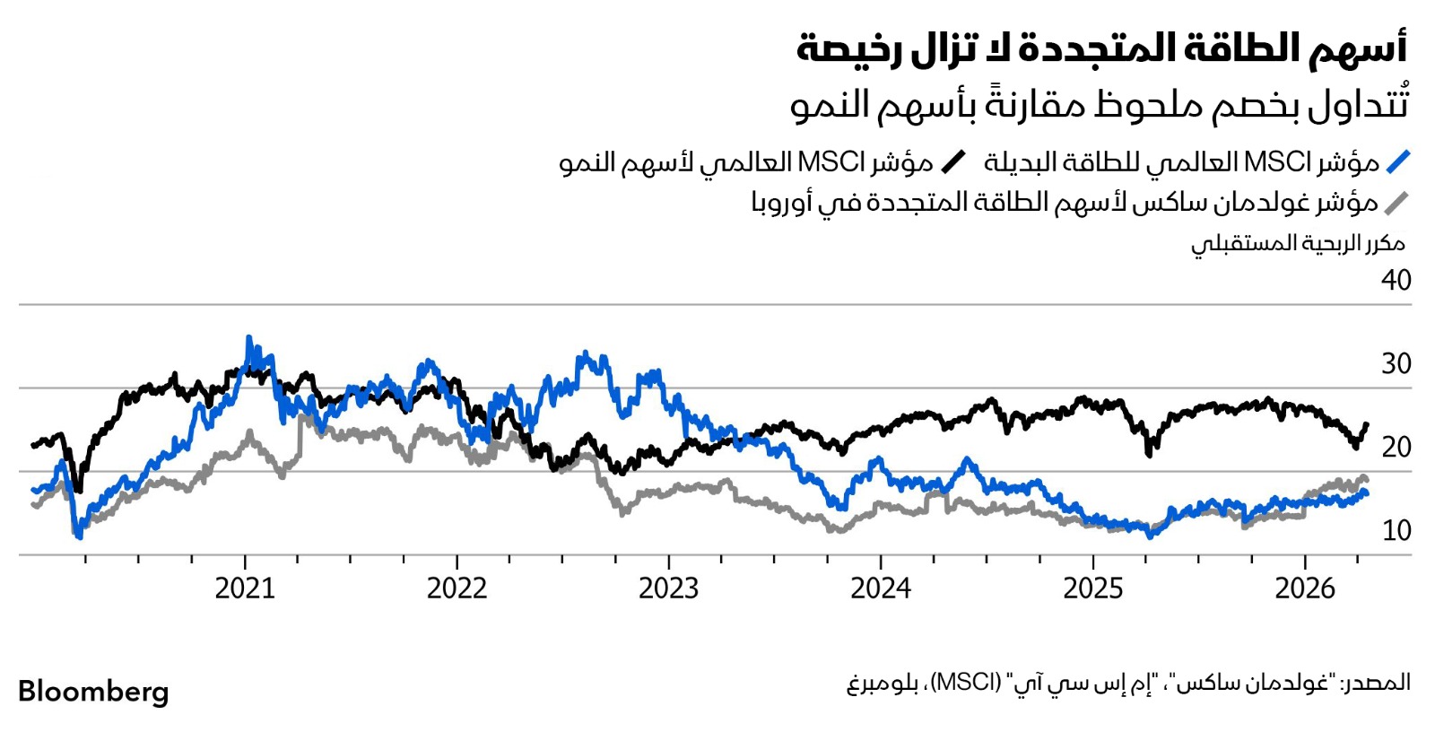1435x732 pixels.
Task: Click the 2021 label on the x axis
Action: pyautogui.click(x=245, y=588)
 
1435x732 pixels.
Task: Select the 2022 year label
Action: pyautogui.click(x=457, y=588)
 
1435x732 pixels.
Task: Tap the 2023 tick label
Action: pyautogui.click(x=668, y=588)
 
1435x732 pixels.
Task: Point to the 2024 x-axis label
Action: pyautogui.click(x=881, y=588)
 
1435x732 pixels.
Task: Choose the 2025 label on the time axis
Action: pyautogui.click(x=1092, y=588)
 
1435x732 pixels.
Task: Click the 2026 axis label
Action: pyautogui.click(x=1305, y=588)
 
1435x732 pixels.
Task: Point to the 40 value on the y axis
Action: pyautogui.click(x=1396, y=281)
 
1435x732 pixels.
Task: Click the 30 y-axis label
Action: pyautogui.click(x=1396, y=364)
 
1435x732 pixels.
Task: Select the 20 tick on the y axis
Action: pyautogui.click(x=1396, y=447)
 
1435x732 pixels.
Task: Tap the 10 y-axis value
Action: pyautogui.click(x=1396, y=530)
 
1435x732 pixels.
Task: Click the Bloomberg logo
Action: pyautogui.click(x=93, y=692)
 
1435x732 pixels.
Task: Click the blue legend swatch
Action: pyautogui.click(x=1397, y=162)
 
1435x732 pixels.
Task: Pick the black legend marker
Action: pyautogui.click(x=953, y=162)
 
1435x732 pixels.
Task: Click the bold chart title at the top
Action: pyautogui.click(x=1101, y=48)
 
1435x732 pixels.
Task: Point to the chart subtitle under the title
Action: pyautogui.click(x=1099, y=104)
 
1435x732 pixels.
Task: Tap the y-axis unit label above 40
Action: pyautogui.click(x=1297, y=243)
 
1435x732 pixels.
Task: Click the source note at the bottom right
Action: pyautogui.click(x=1127, y=684)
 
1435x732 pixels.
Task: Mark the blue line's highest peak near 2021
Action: pyautogui.click(x=248, y=338)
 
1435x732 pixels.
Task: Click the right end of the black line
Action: pyautogui.click(x=1367, y=424)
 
